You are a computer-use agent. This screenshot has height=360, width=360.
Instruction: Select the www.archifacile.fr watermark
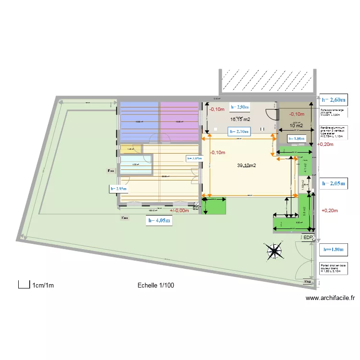click(330, 298)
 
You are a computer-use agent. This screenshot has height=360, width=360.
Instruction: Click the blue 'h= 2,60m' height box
click(336, 100)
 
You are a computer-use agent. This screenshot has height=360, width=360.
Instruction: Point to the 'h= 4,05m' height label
click(159, 221)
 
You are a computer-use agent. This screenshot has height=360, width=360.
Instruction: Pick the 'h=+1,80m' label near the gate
click(333, 250)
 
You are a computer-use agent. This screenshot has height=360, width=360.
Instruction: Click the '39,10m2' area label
click(246, 166)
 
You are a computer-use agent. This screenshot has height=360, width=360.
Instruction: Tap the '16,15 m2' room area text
click(240, 119)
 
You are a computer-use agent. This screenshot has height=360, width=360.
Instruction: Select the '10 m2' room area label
click(296, 126)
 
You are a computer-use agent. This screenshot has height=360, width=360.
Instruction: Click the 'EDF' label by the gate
click(308, 238)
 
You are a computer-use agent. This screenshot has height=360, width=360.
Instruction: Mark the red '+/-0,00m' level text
click(179, 210)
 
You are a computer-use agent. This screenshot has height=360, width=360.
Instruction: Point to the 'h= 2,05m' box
click(336, 183)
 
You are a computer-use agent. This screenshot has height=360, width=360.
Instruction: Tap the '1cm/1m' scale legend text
click(43, 286)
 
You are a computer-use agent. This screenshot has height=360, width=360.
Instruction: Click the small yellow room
click(127, 149)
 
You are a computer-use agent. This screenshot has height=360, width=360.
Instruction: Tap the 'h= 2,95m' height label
click(120, 189)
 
